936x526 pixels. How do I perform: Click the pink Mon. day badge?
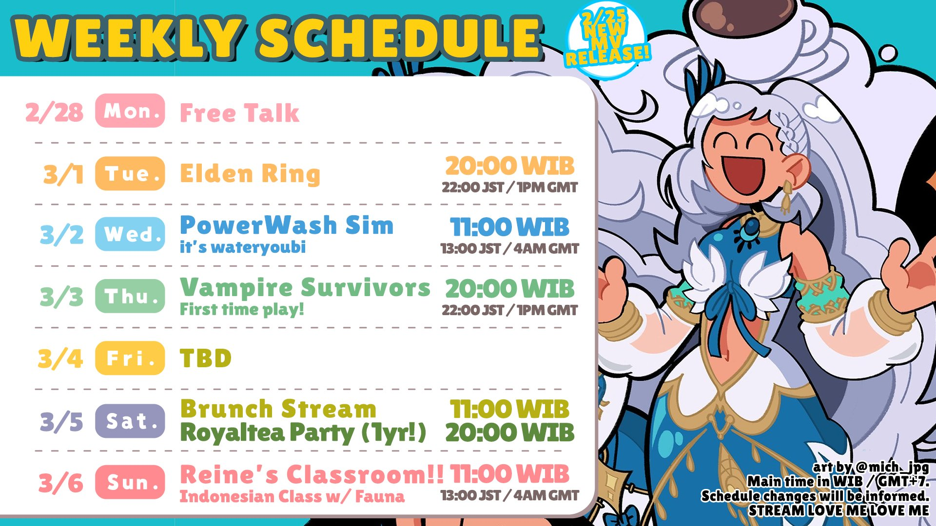(x=130, y=111)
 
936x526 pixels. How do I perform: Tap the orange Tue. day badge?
(x=130, y=173)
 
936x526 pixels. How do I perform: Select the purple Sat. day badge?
(x=130, y=420)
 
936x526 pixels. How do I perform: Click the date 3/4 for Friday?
(x=60, y=359)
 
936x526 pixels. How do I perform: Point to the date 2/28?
(x=54, y=112)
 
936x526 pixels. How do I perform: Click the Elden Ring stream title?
(x=250, y=174)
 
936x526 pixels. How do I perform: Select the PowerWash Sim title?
(x=287, y=225)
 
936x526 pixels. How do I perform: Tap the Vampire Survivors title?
(x=305, y=287)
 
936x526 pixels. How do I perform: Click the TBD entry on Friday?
(x=206, y=358)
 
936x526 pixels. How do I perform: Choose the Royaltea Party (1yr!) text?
(x=303, y=432)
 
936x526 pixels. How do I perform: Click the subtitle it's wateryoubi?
(x=243, y=247)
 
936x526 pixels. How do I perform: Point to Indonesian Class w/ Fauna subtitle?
(x=292, y=496)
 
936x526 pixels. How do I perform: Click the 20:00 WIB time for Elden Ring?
(x=509, y=166)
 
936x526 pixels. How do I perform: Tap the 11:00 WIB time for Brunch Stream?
(x=509, y=409)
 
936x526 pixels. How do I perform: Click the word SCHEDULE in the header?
(x=401, y=37)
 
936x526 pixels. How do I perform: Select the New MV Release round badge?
(x=607, y=40)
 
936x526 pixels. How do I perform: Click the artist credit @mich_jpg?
(x=892, y=467)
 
